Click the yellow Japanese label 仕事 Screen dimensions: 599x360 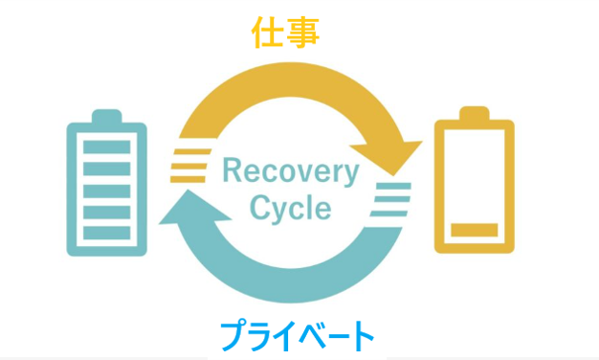pos(285,33)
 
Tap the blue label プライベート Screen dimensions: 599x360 pos(297,335)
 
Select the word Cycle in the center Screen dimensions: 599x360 pos(290,208)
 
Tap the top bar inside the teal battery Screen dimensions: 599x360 pos(107,147)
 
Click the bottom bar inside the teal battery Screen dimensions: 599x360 pos(107,233)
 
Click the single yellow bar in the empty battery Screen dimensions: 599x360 pos(474,230)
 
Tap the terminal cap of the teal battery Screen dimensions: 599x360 pos(107,116)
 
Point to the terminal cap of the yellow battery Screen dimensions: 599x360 pos(474,113)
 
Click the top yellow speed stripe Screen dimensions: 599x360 pos(192,151)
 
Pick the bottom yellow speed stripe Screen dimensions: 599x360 pos(188,179)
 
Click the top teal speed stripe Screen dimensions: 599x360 pos(393,186)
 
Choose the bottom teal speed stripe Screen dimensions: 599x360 pos(388,214)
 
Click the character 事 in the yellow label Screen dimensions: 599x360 pos(302,33)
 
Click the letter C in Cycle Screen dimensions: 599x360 pos(260,207)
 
